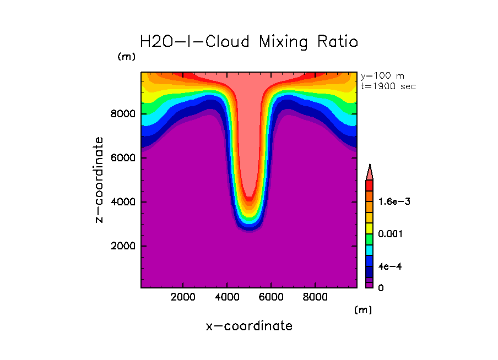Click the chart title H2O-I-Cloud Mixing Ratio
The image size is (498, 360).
pos(249,42)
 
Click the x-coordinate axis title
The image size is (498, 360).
pos(249,326)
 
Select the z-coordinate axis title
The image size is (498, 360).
pos(99,180)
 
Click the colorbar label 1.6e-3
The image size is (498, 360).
pos(394,201)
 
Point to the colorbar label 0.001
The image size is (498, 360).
pos(391,234)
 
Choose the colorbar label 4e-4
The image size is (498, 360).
pos(389,266)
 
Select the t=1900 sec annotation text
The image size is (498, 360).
pos(388,86)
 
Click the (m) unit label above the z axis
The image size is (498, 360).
pos(126,57)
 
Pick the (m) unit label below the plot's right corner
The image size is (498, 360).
pos(362,310)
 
